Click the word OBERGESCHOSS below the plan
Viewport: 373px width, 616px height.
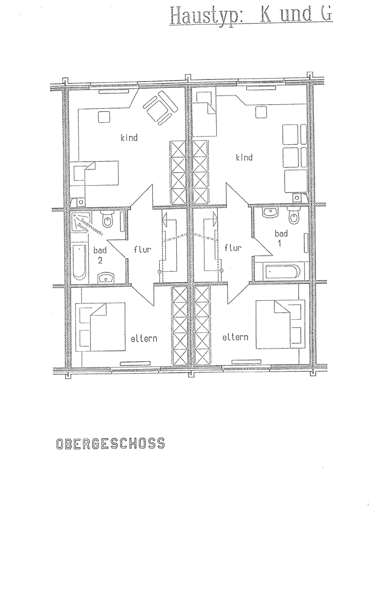pyautogui.click(x=110, y=443)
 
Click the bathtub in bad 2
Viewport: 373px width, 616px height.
pyautogui.click(x=79, y=262)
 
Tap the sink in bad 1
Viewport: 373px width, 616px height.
pyautogui.click(x=269, y=211)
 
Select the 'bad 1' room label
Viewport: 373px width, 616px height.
pyautogui.click(x=281, y=238)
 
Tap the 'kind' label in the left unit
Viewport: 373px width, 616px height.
pyautogui.click(x=129, y=138)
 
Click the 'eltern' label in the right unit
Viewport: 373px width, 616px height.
pyautogui.click(x=235, y=337)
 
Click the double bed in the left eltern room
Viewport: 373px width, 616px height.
pyautogui.click(x=100, y=326)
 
